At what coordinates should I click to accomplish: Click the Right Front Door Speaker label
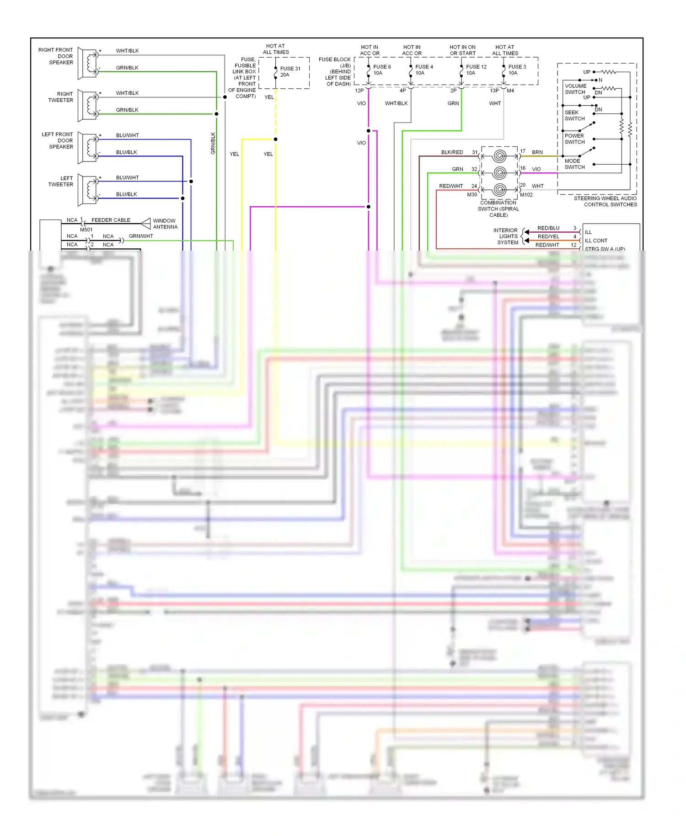pyautogui.click(x=56, y=56)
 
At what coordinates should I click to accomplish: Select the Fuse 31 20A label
pyautogui.click(x=290, y=72)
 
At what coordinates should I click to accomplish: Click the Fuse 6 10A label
pyautogui.click(x=381, y=70)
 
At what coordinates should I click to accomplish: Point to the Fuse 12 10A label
pyautogui.click(x=476, y=70)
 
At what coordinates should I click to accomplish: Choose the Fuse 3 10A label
pyautogui.click(x=517, y=70)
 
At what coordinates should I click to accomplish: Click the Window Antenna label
pyautogui.click(x=165, y=224)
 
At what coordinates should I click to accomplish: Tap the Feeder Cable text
pyautogui.click(x=111, y=220)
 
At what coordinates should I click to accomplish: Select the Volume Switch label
pyautogui.click(x=575, y=89)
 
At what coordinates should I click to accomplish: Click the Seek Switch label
pyautogui.click(x=574, y=115)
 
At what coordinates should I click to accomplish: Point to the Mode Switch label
pyautogui.click(x=574, y=164)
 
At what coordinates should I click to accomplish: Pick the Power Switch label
pyautogui.click(x=574, y=139)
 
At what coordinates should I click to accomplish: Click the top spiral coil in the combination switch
pyautogui.click(x=499, y=156)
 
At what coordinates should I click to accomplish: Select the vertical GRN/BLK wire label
pyautogui.click(x=213, y=143)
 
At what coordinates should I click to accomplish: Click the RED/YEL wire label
pyautogui.click(x=548, y=236)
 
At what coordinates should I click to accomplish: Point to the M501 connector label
pyautogui.click(x=86, y=230)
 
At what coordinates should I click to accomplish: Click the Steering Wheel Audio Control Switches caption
pyautogui.click(x=605, y=201)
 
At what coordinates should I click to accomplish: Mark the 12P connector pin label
pyautogui.click(x=359, y=91)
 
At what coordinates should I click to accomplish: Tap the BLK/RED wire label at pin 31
pyautogui.click(x=452, y=152)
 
